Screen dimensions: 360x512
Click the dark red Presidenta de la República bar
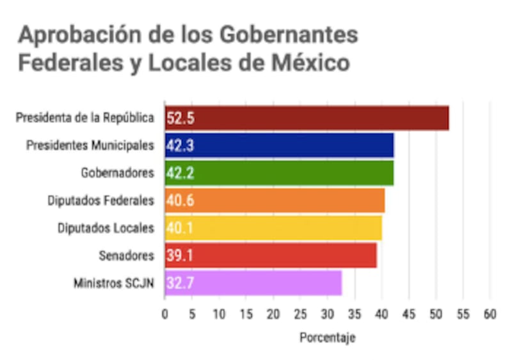click(x=307, y=119)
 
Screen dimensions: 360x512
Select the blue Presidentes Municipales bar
click(x=280, y=145)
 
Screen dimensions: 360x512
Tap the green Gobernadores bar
click(x=280, y=173)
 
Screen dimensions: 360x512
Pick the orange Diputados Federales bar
click(x=275, y=200)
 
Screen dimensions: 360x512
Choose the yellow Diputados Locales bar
click(x=274, y=228)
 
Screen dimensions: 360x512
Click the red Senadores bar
click(x=271, y=256)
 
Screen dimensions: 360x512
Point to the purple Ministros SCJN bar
click(x=253, y=282)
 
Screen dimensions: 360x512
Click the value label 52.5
click(x=180, y=119)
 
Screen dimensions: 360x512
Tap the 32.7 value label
click(x=180, y=282)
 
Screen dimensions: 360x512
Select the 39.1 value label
click(x=180, y=256)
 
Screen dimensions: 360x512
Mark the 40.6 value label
click(x=180, y=200)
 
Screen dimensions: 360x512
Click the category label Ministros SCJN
click(x=114, y=282)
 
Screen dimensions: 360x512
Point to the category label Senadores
click(x=127, y=256)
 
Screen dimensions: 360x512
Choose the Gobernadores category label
click(x=118, y=173)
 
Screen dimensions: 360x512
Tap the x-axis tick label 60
click(x=490, y=315)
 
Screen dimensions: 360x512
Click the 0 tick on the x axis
click(x=165, y=315)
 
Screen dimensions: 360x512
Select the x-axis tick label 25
click(x=301, y=315)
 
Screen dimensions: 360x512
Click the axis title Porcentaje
click(x=327, y=337)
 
